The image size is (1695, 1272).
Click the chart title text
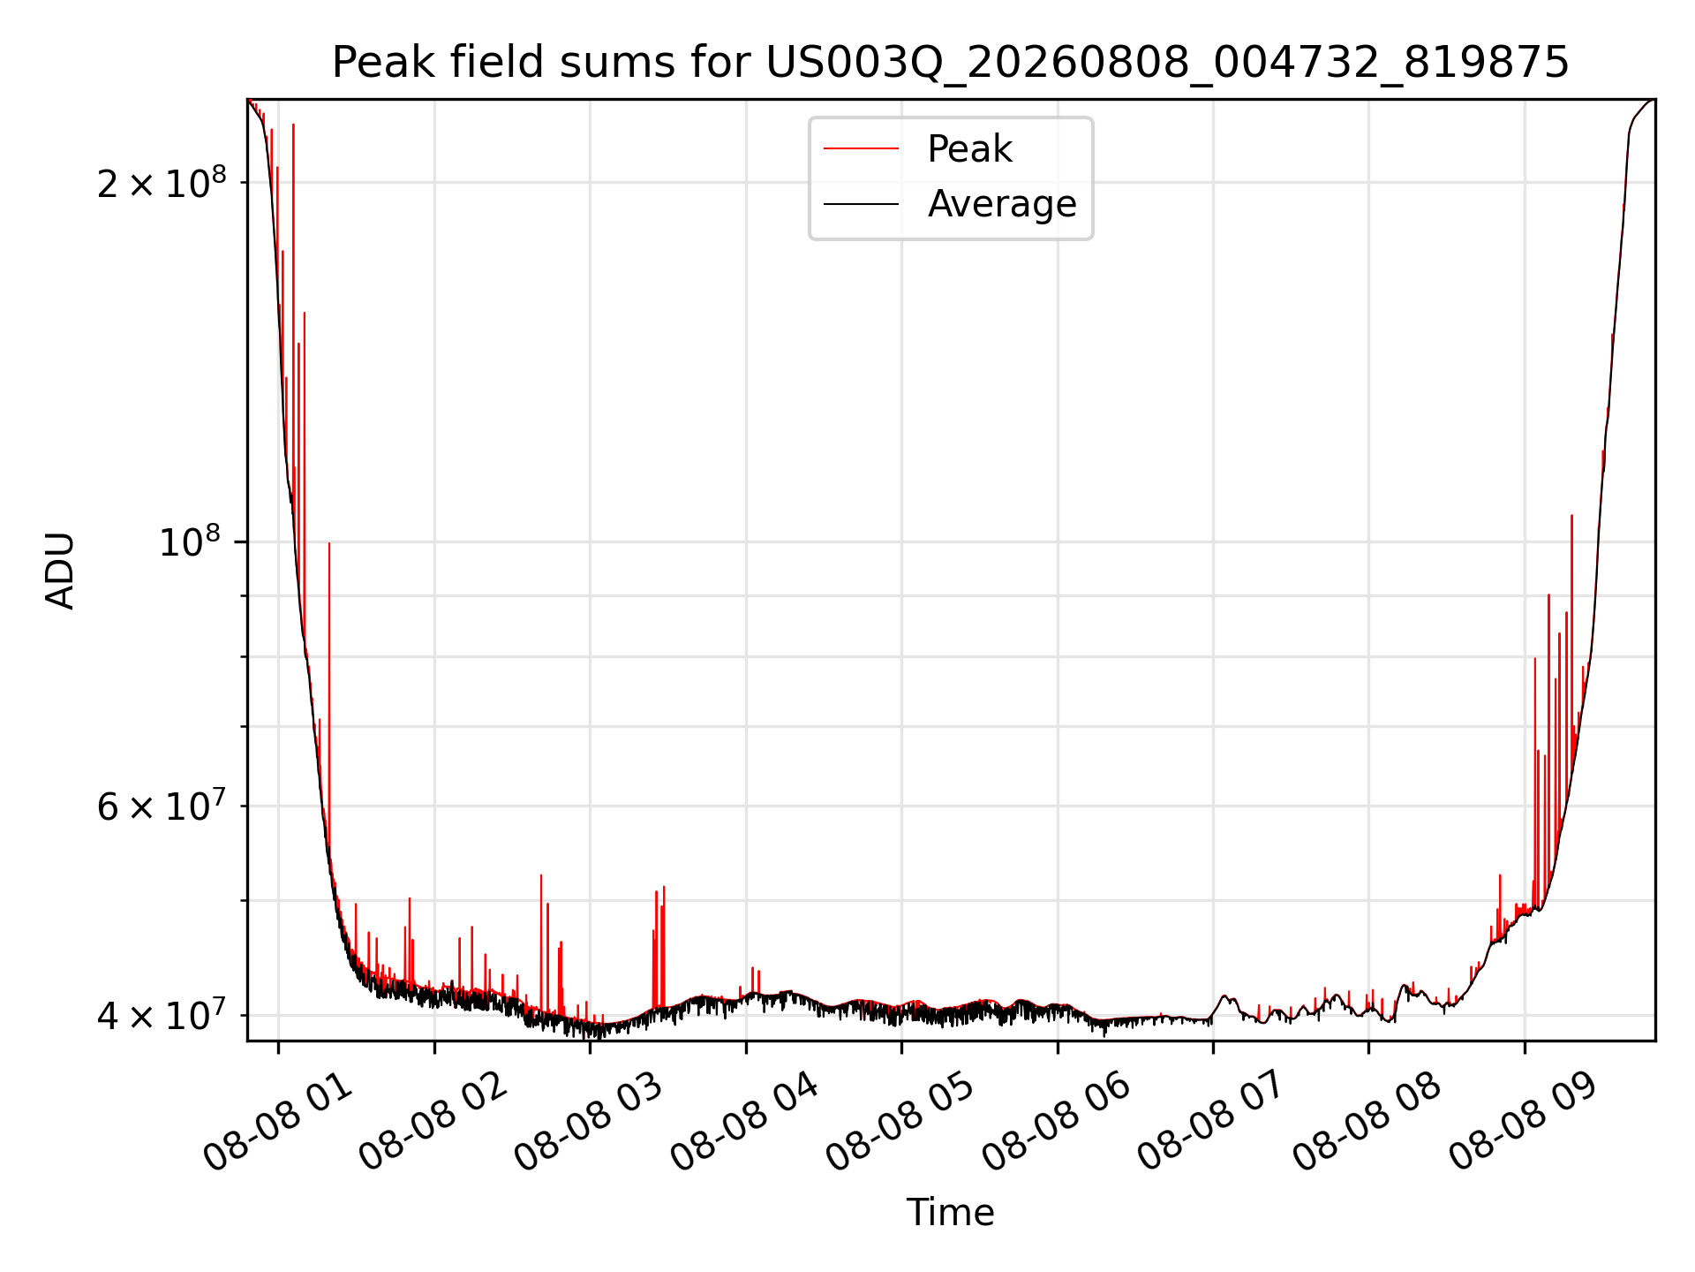click(951, 63)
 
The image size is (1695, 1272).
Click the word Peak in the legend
click(969, 149)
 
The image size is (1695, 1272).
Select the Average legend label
click(1002, 204)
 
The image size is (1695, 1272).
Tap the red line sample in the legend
click(861, 149)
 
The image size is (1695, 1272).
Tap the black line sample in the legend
click(861, 204)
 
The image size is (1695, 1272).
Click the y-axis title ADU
click(60, 570)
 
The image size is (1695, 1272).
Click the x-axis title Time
click(951, 1213)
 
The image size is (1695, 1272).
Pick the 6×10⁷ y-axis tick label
click(162, 805)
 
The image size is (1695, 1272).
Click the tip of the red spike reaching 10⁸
click(329, 542)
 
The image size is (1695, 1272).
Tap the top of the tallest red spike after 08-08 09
click(1571, 515)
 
